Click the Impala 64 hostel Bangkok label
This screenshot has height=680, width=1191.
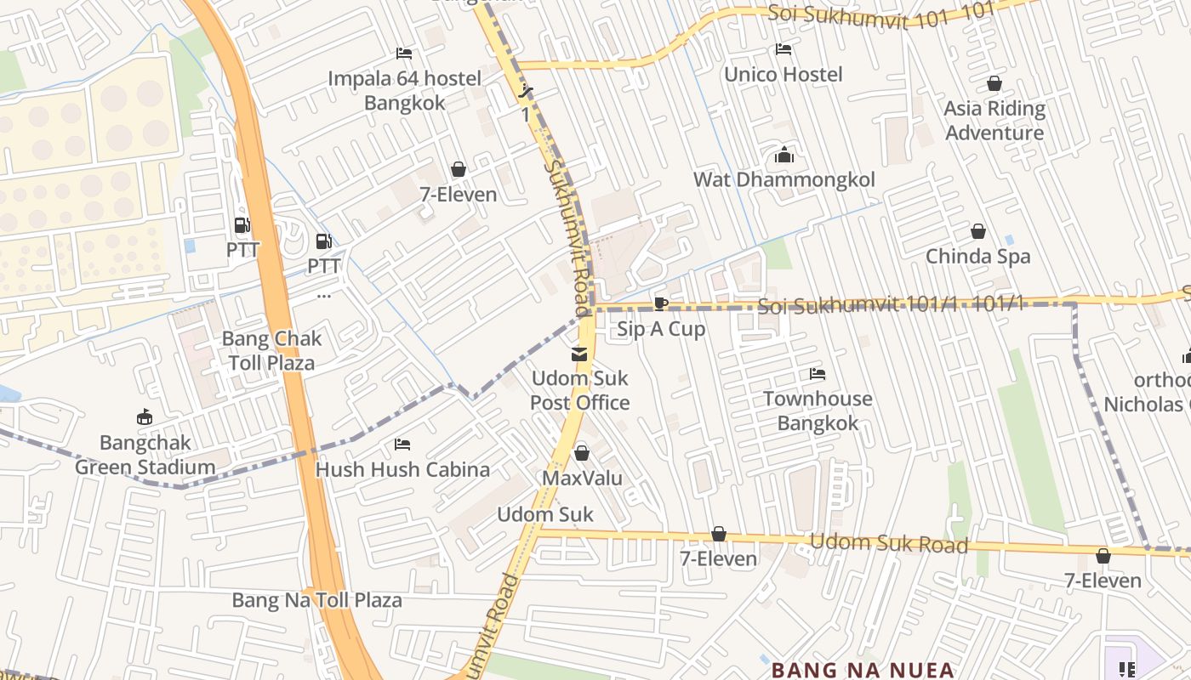405,91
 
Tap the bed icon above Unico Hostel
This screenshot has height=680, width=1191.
784,49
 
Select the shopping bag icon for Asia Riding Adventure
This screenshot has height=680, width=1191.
994,83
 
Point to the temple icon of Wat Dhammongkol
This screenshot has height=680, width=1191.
784,156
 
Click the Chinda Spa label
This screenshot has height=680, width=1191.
977,256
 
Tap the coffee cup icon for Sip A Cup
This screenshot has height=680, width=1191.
661,304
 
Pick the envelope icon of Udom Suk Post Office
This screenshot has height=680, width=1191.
579,354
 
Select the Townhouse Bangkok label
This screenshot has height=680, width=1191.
818,411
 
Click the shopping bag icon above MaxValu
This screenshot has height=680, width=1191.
582,453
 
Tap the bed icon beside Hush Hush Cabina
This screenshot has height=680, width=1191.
402,445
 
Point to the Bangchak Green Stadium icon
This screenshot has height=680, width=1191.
145,417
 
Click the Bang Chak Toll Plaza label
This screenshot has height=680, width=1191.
271,350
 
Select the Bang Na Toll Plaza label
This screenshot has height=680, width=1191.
316,600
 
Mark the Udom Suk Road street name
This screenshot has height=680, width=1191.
888,543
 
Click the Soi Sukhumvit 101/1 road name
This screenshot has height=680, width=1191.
890,305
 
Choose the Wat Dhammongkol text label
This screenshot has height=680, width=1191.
784,179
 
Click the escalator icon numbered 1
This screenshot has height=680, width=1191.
527,91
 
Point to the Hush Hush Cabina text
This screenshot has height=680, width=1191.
402,469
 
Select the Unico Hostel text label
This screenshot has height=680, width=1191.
784,74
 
